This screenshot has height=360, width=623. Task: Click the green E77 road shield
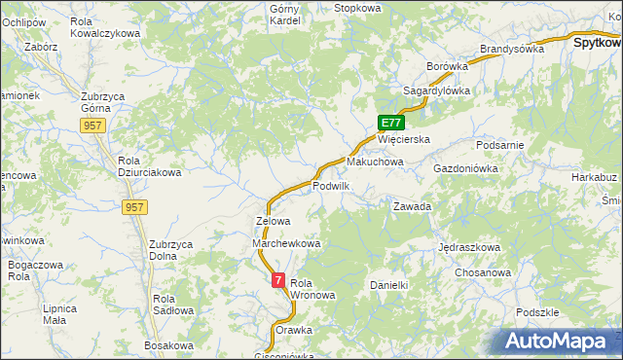pyautogui.click(x=391, y=123)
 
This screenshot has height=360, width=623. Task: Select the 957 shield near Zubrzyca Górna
pyautogui.click(x=93, y=126)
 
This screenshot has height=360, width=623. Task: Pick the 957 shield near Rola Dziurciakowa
pyautogui.click(x=135, y=207)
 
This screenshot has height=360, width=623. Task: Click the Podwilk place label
pyautogui.click(x=331, y=186)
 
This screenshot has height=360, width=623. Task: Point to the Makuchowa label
pyautogui.click(x=375, y=162)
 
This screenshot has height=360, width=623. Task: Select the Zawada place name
pyautogui.click(x=412, y=207)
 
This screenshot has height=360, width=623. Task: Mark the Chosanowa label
pyautogui.click(x=483, y=272)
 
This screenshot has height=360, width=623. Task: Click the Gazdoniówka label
pyautogui.click(x=465, y=168)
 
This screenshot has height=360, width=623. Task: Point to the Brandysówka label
pyautogui.click(x=511, y=49)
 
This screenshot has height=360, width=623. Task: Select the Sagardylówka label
pyautogui.click(x=437, y=90)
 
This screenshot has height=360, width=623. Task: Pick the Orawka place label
pyautogui.click(x=294, y=330)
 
